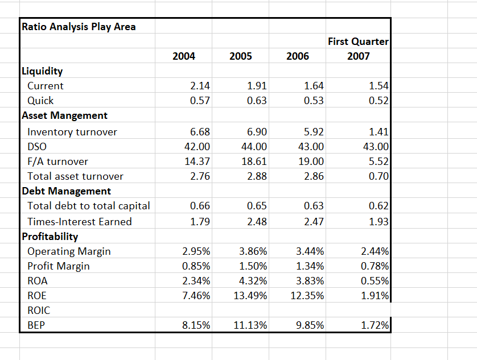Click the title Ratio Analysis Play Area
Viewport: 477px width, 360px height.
click(x=78, y=27)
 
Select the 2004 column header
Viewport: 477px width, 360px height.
click(x=183, y=56)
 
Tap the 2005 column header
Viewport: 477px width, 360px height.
click(x=241, y=56)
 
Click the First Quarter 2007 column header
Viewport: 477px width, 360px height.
click(x=358, y=48)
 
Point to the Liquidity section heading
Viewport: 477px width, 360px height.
click(x=42, y=71)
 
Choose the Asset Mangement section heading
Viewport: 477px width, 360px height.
click(x=64, y=115)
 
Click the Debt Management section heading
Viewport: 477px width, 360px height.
click(x=66, y=191)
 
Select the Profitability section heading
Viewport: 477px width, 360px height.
click(x=50, y=236)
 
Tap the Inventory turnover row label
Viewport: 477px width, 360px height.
click(x=72, y=132)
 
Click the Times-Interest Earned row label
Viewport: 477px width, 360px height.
click(x=79, y=221)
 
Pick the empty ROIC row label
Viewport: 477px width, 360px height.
click(x=39, y=310)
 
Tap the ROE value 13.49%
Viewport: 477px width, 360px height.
click(x=251, y=295)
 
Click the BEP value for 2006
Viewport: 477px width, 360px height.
click(x=310, y=325)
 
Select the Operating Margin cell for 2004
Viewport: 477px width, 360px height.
click(x=196, y=251)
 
